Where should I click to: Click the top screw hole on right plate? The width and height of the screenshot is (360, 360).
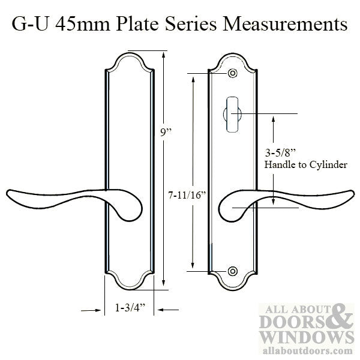[232, 74]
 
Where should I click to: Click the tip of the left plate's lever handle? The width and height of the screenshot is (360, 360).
[8, 194]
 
